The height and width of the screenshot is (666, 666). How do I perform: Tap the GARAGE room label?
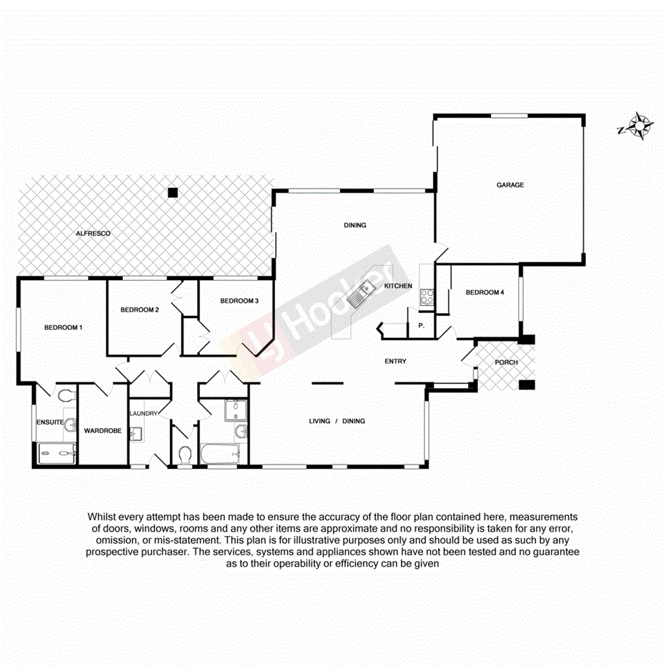pyautogui.click(x=510, y=185)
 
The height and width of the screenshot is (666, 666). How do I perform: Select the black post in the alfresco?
pyautogui.click(x=172, y=192)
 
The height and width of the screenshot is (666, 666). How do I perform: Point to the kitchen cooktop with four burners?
pyautogui.click(x=427, y=296)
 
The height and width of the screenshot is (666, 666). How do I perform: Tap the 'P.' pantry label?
pyautogui.click(x=422, y=325)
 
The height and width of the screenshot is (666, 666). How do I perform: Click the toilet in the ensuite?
pyautogui.click(x=65, y=396)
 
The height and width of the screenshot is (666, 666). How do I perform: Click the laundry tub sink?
pyautogui.click(x=139, y=434)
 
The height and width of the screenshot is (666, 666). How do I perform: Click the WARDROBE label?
pyautogui.click(x=102, y=431)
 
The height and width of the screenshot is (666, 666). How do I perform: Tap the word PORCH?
pyautogui.click(x=506, y=362)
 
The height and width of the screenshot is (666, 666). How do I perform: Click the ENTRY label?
pyautogui.click(x=395, y=362)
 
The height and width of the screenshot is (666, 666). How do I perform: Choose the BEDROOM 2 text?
pyautogui.click(x=139, y=309)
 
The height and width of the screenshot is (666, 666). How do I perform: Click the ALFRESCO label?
pyautogui.click(x=94, y=234)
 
